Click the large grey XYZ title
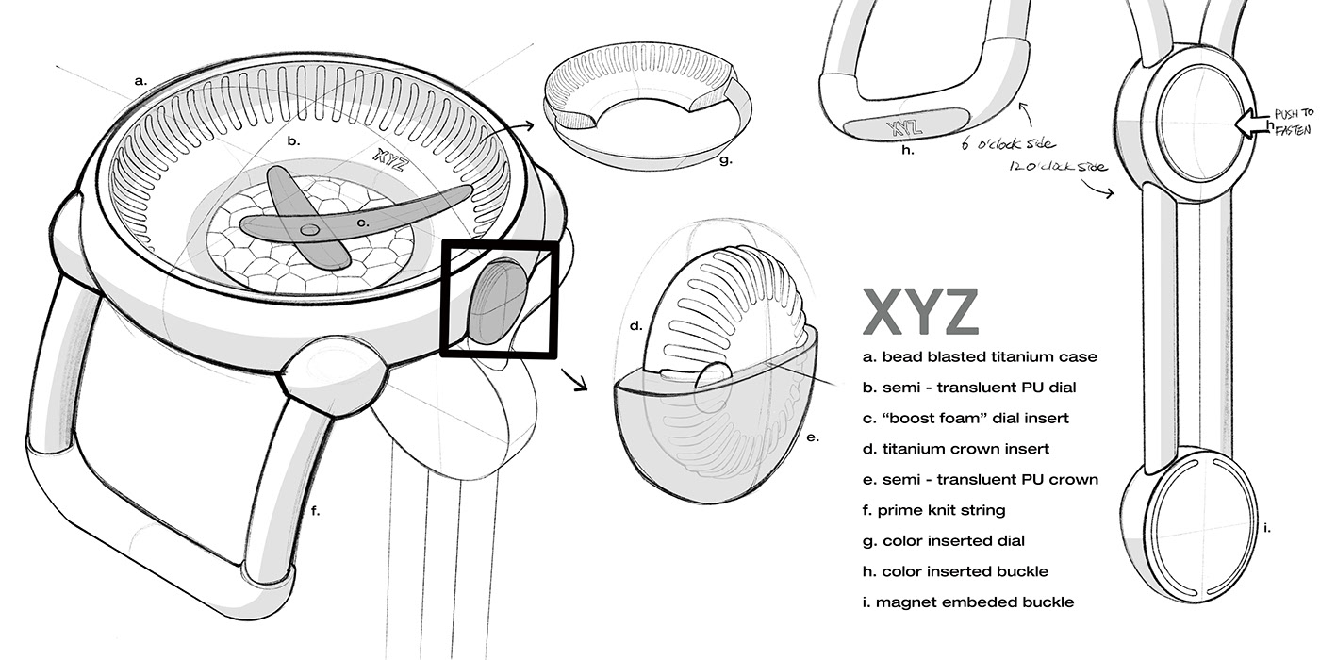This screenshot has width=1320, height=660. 920,311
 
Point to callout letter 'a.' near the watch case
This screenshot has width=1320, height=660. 140,81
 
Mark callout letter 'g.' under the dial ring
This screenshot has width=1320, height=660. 725,160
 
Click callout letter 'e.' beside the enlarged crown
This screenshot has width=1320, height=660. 813,437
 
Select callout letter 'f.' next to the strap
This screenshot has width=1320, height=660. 315,512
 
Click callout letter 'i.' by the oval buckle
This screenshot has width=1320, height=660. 1267,526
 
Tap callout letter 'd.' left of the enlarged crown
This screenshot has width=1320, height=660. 636,326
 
